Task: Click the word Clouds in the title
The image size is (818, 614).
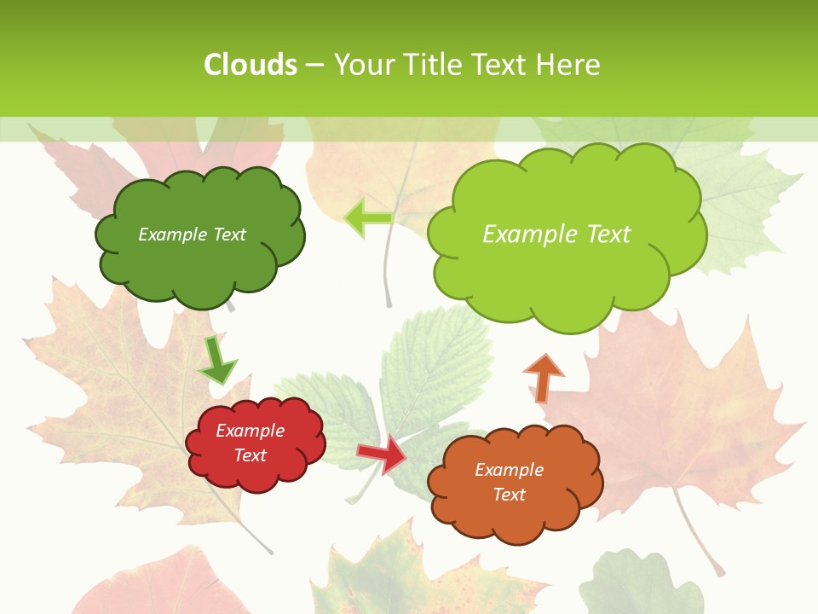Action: tap(251, 65)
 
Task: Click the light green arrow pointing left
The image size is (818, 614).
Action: tap(368, 217)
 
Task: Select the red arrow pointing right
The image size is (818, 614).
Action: tap(382, 455)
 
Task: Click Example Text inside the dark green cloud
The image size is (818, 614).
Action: tap(192, 235)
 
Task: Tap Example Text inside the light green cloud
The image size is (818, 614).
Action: tap(556, 235)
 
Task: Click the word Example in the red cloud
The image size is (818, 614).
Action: tap(250, 431)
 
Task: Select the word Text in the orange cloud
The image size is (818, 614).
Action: tap(509, 495)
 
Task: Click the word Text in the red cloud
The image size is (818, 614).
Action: tap(250, 455)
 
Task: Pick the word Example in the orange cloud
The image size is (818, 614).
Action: tap(509, 470)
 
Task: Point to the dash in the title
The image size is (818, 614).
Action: tap(314, 65)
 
